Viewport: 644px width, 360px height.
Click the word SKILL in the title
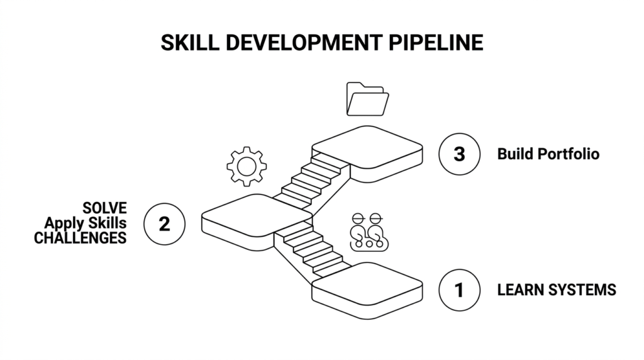pos(190,43)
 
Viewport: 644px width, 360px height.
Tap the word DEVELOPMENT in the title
pos(304,43)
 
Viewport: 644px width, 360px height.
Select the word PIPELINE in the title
pos(436,43)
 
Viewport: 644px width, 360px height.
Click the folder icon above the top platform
pos(367,99)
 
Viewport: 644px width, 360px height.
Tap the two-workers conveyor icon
pos(369,232)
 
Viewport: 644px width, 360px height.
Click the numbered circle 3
pos(459,154)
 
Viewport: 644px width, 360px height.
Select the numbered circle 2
pos(164,224)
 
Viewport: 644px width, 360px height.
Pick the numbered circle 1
pos(459,290)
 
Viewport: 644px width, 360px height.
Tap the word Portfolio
pos(569,154)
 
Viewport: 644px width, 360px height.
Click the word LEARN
pos(520,290)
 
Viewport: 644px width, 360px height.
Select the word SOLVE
pos(105,208)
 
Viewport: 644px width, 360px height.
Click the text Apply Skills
pos(86,223)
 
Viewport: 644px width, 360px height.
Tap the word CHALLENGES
pos(80,238)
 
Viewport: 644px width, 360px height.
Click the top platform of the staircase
pos(367,153)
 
